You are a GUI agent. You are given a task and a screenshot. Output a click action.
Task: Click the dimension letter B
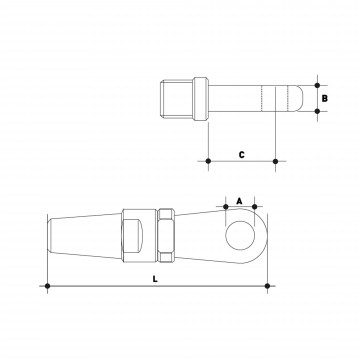325,98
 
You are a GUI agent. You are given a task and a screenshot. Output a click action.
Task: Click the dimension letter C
242,155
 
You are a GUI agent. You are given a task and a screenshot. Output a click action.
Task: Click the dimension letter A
239,201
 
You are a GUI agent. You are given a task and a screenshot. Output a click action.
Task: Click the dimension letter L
155,279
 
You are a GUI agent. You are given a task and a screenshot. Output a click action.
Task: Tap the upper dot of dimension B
317,85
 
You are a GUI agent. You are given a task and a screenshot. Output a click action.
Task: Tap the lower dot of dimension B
317,111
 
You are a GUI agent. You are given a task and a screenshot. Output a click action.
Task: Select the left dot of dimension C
208,161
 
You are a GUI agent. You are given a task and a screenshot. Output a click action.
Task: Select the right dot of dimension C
275,161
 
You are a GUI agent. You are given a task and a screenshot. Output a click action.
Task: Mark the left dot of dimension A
226,207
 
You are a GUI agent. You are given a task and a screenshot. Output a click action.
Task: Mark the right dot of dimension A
255,207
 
